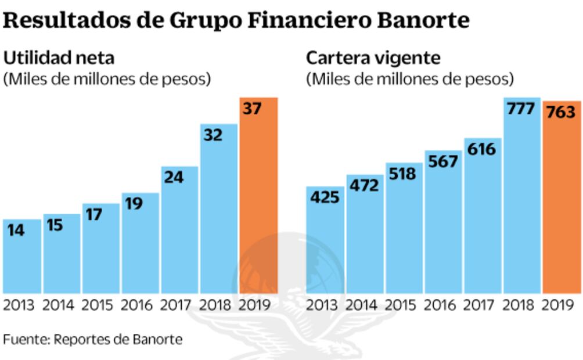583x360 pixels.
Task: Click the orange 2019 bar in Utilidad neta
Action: [x=259, y=197]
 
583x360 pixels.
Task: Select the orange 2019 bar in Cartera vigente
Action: [x=562, y=203]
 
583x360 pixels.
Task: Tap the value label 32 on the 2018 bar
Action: [x=213, y=135]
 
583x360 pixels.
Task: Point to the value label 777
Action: [x=521, y=109]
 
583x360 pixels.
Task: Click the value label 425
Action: [x=325, y=197]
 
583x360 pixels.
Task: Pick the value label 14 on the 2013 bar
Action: [x=16, y=230]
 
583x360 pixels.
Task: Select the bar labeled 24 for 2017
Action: [x=179, y=232]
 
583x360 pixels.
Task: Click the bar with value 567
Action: [x=443, y=226]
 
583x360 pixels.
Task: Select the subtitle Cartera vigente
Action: [x=373, y=58]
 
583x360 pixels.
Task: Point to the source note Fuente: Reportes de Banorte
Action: [x=92, y=338]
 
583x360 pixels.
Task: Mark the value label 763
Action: [x=562, y=111]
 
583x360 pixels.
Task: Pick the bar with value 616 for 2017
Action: [x=482, y=221]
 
